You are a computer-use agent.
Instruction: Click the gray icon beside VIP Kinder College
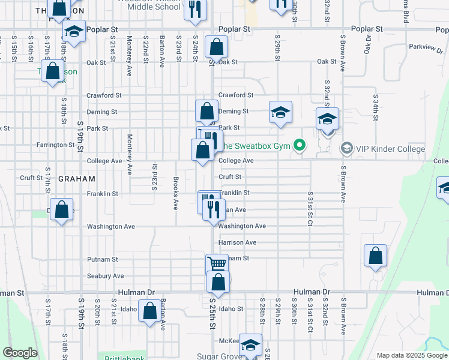[346, 148]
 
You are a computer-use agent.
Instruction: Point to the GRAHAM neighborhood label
[77, 179]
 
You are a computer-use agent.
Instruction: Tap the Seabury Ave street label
[105, 276]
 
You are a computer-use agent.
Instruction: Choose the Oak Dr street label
[369, 45]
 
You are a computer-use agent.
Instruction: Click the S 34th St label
[375, 104]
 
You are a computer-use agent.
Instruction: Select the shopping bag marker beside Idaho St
[150, 310]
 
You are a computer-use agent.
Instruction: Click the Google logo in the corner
[21, 353]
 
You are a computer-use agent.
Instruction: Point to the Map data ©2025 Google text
[411, 355]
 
